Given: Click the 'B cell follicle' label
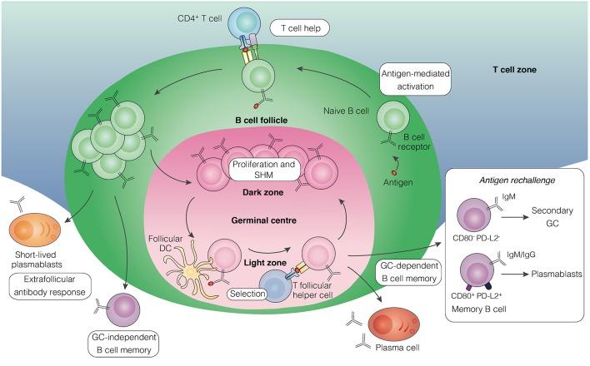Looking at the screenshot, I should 262,120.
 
